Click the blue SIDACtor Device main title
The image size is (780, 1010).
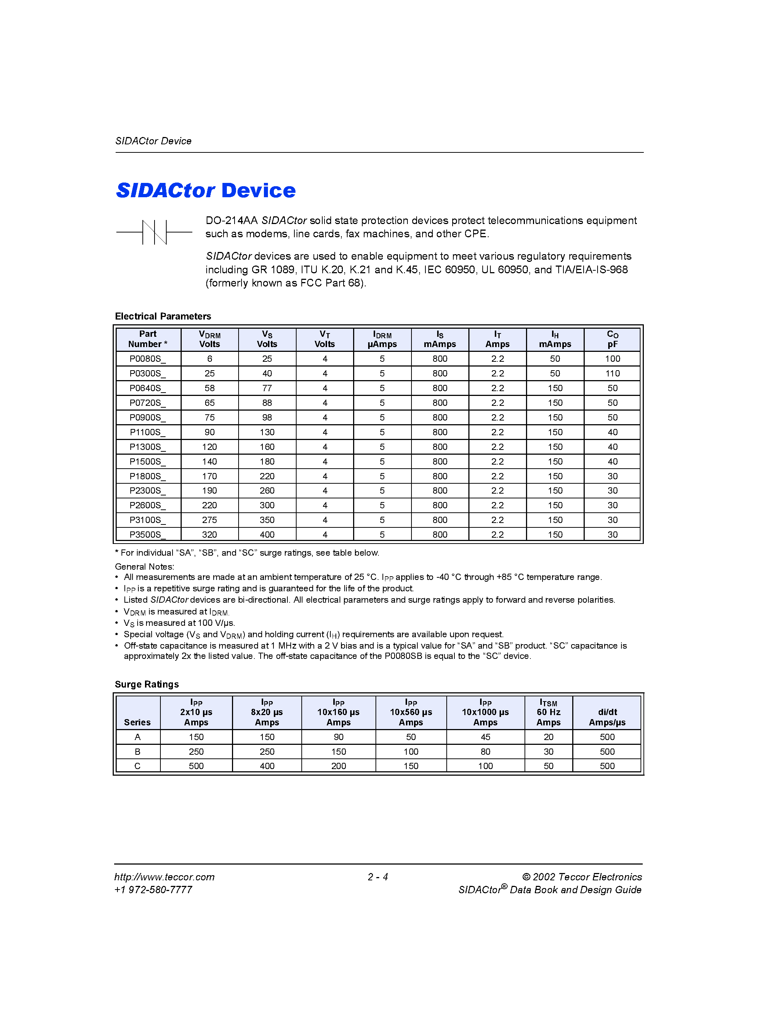click(x=206, y=191)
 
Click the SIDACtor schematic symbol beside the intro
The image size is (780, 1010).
click(x=154, y=232)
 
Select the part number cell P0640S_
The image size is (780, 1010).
click(x=148, y=388)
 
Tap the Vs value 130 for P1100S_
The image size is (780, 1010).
click(x=267, y=432)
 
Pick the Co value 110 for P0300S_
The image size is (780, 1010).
click(x=612, y=373)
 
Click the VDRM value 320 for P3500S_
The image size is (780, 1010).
click(x=209, y=535)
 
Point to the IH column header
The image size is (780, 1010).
click(x=555, y=339)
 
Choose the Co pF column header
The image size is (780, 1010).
click(x=612, y=339)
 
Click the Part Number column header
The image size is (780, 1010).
click(x=148, y=339)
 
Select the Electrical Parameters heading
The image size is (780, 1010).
click(x=163, y=316)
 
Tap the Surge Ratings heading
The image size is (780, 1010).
click(x=146, y=685)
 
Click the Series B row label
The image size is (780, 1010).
click(x=137, y=751)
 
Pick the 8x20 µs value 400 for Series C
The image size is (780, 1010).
click(x=267, y=766)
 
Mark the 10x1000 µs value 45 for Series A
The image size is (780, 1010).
click(x=485, y=737)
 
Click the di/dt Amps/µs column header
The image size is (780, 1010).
click(x=607, y=717)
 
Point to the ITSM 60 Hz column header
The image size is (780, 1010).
click(x=548, y=713)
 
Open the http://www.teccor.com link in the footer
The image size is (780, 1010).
click(x=164, y=877)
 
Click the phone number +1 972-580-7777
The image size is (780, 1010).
click(x=153, y=890)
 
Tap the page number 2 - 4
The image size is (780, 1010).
click(x=378, y=877)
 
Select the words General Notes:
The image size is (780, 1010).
click(x=144, y=566)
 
